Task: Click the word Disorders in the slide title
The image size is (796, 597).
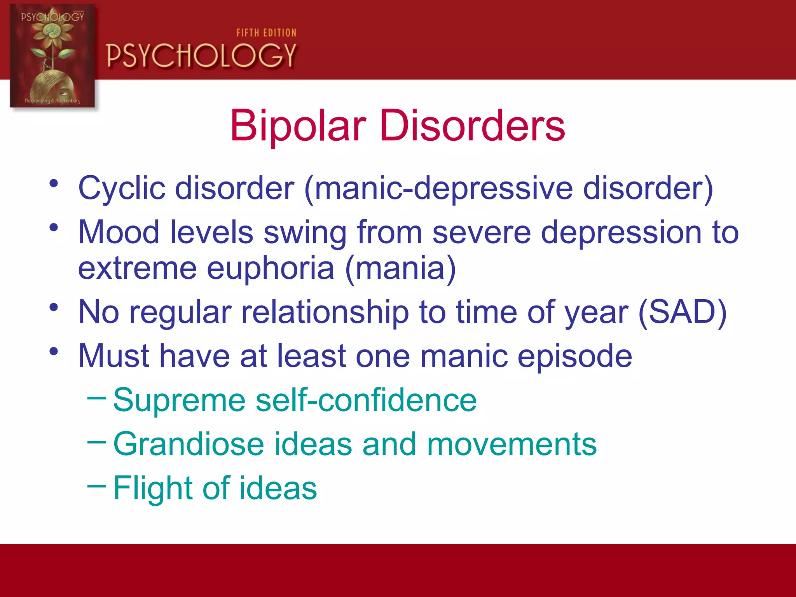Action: (472, 126)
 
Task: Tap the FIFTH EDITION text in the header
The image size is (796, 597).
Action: (266, 33)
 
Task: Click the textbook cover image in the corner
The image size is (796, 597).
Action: (52, 56)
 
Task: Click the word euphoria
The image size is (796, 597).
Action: (270, 268)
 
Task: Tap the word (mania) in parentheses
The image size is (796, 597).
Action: (400, 268)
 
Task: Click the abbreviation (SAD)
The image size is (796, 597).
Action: (682, 312)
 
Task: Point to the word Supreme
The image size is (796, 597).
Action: (179, 400)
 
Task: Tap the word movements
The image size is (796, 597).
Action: (511, 444)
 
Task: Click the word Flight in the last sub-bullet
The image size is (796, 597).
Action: (152, 488)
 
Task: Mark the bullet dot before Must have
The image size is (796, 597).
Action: (54, 352)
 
